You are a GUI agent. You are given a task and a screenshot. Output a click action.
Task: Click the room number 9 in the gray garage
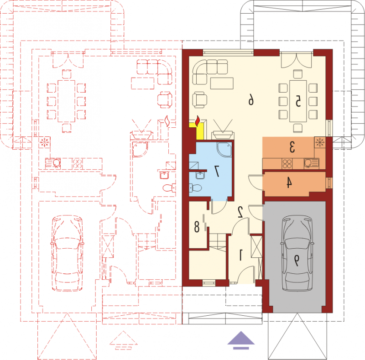tap(297, 261)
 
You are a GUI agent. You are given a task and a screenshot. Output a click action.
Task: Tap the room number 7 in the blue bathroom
tap(217, 171)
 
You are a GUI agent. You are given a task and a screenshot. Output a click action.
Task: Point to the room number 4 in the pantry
tap(289, 183)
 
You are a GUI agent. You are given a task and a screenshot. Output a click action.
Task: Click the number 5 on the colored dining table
tap(298, 102)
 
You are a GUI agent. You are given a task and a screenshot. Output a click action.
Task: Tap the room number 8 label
tap(197, 227)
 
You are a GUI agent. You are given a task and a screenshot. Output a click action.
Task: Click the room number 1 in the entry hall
tap(241, 255)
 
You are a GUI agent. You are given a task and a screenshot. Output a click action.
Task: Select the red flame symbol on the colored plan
tap(198, 121)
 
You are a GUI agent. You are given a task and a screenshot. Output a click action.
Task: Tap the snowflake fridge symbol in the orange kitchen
tap(320, 142)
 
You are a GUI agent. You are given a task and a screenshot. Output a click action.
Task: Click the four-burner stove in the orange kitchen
tap(287, 163)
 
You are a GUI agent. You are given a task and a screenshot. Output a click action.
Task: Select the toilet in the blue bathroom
tap(195, 188)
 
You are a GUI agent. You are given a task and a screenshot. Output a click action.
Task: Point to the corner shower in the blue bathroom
tap(224, 149)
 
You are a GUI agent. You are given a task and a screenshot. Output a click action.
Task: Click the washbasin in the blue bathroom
tap(200, 175)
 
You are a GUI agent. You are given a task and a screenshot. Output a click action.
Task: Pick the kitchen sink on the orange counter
tap(311, 163)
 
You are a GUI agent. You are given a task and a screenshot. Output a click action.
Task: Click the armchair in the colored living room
tap(199, 99)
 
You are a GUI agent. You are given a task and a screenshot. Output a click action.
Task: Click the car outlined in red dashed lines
tap(67, 253)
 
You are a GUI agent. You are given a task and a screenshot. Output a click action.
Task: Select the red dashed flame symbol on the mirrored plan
tap(167, 121)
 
